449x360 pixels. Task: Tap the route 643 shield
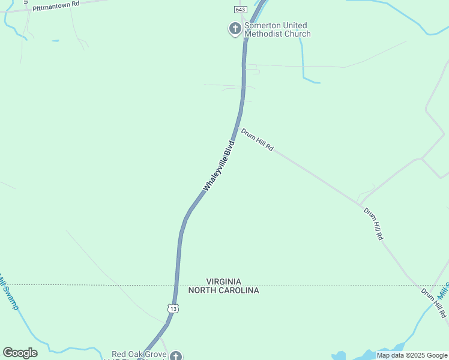coord(240,10)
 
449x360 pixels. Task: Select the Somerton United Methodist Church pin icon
coord(235,28)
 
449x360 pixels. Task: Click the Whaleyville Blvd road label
coord(218,166)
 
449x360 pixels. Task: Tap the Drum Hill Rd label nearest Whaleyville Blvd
coord(258,139)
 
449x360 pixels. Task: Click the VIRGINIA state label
coord(223,281)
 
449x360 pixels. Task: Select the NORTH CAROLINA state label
coord(223,290)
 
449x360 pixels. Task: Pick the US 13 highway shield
coord(173,308)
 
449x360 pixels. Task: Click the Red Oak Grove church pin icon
coord(175,356)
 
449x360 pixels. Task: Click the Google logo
coord(20,353)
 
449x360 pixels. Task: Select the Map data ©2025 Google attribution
coord(412,356)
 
